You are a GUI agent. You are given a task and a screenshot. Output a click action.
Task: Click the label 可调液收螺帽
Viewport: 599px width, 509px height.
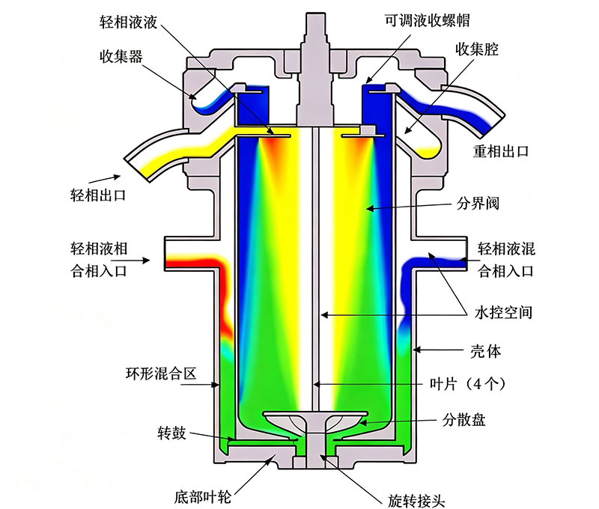pyautogui.click(x=427, y=20)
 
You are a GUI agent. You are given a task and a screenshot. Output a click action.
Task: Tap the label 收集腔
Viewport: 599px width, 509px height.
pyautogui.click(x=477, y=49)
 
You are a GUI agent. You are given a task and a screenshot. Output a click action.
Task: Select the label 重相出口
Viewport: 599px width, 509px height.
pyautogui.click(x=501, y=152)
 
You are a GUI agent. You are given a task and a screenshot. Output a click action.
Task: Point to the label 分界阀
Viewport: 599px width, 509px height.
pyautogui.click(x=478, y=203)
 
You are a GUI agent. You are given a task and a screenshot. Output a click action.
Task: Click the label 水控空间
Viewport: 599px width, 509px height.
pyautogui.click(x=503, y=312)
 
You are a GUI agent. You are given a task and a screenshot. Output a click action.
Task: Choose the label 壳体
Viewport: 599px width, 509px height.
pyautogui.click(x=485, y=351)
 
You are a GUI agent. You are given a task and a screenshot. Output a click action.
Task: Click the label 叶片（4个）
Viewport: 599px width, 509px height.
pyautogui.click(x=468, y=383)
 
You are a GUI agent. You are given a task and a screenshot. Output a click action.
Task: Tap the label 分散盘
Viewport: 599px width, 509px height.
pyautogui.click(x=463, y=420)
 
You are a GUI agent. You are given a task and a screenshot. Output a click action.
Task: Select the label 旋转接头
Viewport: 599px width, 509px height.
pyautogui.click(x=416, y=500)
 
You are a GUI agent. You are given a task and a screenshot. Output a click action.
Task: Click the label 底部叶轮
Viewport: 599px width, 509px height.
pyautogui.click(x=203, y=497)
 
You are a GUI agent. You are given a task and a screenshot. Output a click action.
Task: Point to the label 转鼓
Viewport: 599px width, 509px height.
pyautogui.click(x=172, y=433)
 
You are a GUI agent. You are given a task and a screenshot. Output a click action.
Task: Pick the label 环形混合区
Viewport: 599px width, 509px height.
pyautogui.click(x=161, y=373)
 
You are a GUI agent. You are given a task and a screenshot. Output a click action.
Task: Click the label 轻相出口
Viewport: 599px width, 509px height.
pyautogui.click(x=98, y=195)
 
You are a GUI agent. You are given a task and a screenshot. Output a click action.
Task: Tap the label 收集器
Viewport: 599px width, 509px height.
pyautogui.click(x=121, y=56)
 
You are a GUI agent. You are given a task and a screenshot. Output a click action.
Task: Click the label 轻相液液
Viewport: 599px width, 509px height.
pyautogui.click(x=128, y=22)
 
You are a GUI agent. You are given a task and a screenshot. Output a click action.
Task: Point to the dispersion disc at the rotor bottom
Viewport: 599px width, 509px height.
pyautogui.click(x=315, y=422)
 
